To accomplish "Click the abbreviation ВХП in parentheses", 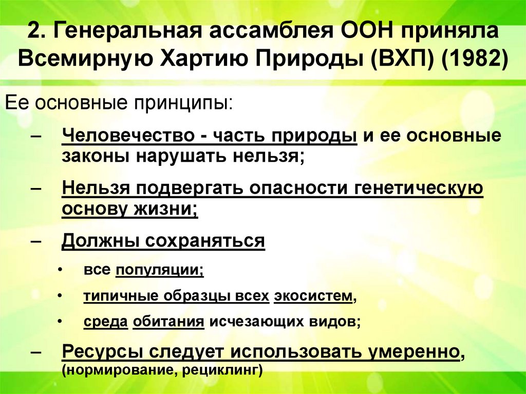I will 398,59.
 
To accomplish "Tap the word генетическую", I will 419,189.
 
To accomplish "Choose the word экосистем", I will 314,296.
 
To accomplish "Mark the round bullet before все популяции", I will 61,270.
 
